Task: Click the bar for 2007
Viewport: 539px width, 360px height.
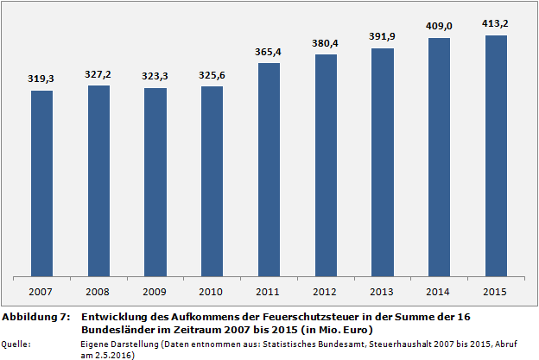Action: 41,184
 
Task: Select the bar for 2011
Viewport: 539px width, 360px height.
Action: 269,170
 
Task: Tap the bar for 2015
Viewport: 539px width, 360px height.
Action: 496,156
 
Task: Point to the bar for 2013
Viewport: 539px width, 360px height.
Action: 383,162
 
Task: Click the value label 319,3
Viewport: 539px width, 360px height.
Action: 41,79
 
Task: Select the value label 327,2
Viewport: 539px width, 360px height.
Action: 98,74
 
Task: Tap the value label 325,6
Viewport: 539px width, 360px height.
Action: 212,75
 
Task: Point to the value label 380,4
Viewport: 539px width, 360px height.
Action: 326,43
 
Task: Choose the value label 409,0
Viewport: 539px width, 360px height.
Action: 440,26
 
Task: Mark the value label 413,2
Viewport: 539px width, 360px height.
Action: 496,23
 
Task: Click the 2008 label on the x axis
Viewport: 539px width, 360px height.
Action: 98,291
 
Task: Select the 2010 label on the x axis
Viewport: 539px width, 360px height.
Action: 212,291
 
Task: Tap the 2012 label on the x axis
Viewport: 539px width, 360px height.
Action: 326,291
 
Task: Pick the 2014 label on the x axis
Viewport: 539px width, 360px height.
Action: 440,291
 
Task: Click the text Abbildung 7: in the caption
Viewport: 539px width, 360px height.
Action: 35,318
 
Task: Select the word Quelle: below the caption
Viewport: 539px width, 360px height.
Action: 17,344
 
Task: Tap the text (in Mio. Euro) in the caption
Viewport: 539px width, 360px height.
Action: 333,330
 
